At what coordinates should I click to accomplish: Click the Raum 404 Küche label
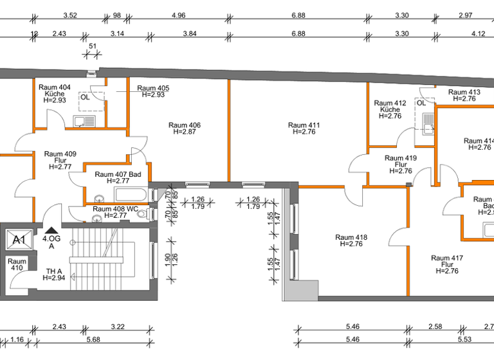tap(55, 93)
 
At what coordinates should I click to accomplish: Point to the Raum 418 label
tap(351, 240)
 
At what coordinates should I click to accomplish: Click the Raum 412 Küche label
tap(390, 109)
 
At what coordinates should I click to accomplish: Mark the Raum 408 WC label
tap(115, 212)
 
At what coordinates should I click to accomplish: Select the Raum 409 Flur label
tap(60, 160)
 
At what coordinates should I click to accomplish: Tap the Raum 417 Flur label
tap(447, 264)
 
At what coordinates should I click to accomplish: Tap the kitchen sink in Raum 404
tap(85, 120)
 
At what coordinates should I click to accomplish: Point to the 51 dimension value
tap(92, 46)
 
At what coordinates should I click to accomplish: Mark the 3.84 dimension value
tap(189, 33)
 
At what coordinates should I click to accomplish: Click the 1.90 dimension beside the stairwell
tap(168, 258)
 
